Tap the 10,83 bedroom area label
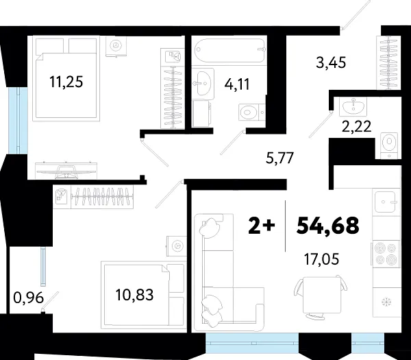point(134,295)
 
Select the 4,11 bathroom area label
point(236,84)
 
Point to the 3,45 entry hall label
point(331,64)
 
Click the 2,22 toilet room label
point(356,125)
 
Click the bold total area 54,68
point(327,225)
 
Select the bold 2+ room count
point(262,225)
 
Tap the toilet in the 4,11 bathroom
point(248,110)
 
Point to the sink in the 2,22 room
point(354,106)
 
